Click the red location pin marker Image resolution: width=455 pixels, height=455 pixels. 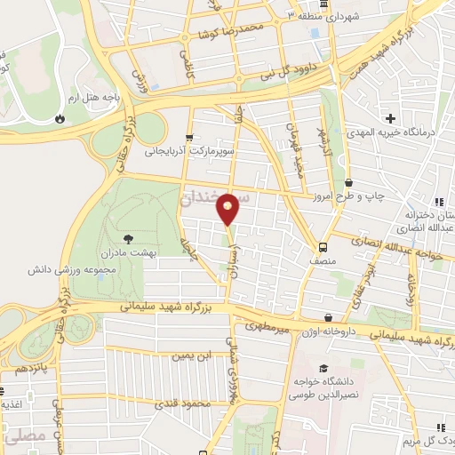coord(228,208)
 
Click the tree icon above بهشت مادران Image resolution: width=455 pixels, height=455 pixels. coord(130,238)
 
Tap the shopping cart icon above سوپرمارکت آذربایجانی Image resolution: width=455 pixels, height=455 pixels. coord(188,138)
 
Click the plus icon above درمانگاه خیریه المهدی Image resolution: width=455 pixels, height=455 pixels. coord(390,118)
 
